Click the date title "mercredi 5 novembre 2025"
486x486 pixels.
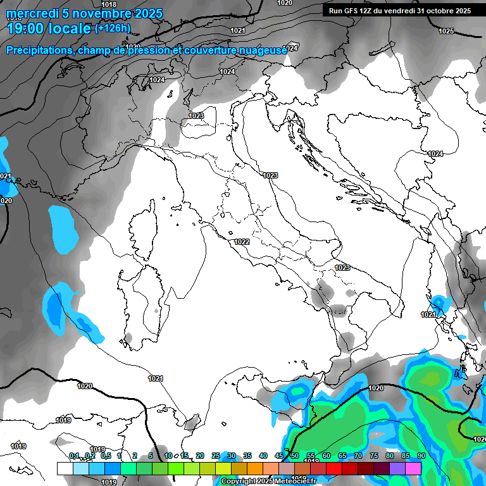point(85,13)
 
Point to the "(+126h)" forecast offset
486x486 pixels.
point(113,28)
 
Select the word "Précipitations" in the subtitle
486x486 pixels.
point(39,50)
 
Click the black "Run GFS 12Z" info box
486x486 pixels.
point(399,11)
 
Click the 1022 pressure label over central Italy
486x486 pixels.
point(242,242)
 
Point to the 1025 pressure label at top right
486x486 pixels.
point(446,31)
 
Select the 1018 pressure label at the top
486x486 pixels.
point(109,5)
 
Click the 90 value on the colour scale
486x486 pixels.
point(421,456)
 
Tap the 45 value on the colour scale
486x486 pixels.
point(279,456)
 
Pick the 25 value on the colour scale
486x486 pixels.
point(216,456)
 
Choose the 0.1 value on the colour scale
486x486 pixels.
point(74,456)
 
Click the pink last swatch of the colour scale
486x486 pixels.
point(413,468)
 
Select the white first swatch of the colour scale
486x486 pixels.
point(65,468)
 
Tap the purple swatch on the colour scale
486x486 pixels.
point(397,468)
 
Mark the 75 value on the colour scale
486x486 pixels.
point(374,456)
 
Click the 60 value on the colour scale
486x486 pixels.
point(327,456)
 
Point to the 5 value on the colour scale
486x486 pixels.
point(151,456)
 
